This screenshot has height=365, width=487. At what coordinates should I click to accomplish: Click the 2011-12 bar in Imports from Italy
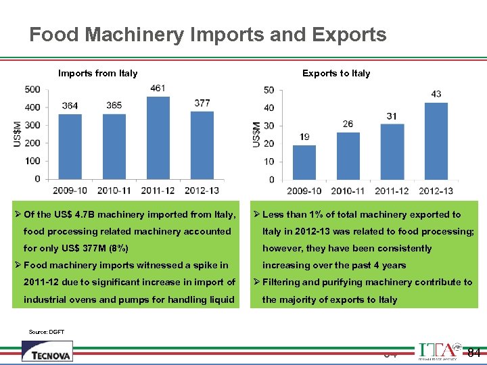point(158,138)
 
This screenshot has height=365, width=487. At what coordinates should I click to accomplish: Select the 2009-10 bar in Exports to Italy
point(304,162)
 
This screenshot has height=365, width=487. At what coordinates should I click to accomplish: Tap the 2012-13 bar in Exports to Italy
point(436,141)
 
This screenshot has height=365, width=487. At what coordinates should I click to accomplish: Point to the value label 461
point(158,88)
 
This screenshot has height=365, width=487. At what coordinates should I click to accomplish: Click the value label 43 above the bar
point(436,94)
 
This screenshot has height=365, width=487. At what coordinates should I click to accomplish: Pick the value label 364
point(70,105)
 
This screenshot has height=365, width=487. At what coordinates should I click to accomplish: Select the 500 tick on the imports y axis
point(32,89)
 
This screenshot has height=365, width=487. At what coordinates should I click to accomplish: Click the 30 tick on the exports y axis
point(269,126)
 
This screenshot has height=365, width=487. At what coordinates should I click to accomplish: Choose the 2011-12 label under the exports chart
point(392,191)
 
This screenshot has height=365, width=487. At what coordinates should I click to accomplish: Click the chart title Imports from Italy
point(97,73)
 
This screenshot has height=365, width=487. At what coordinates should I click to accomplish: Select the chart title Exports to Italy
point(336,73)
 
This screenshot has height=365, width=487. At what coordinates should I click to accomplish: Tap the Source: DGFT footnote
point(47,332)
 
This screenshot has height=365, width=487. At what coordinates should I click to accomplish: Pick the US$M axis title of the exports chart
point(257,134)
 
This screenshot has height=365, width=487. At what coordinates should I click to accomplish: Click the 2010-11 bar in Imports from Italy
point(114,146)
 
